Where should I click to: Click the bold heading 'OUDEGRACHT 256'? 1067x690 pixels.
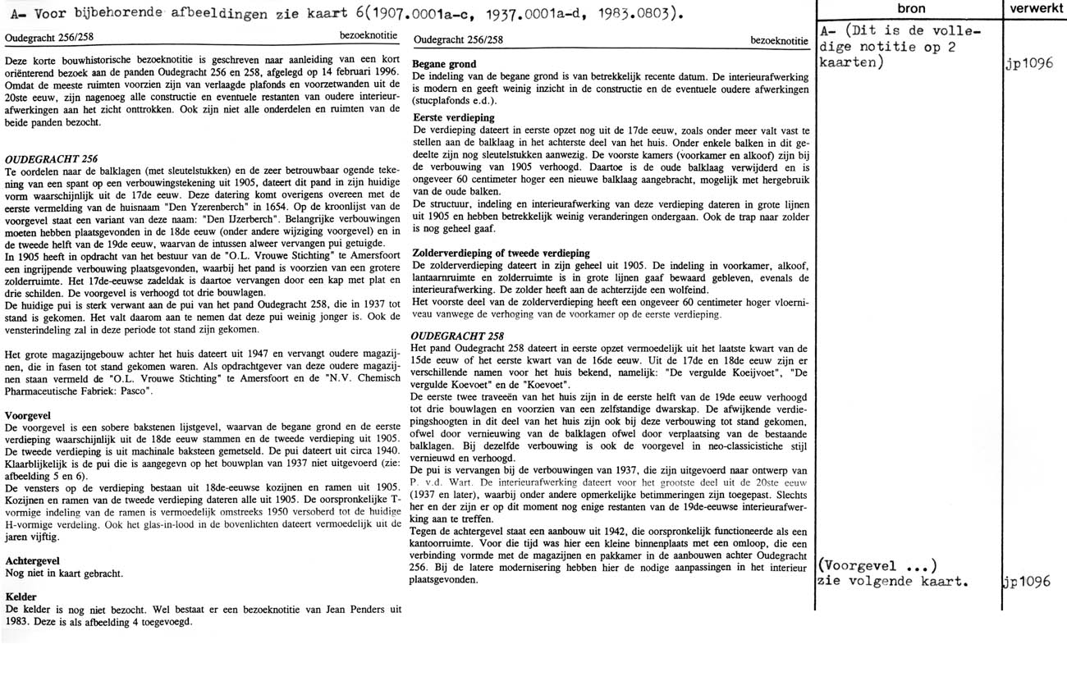[52, 158]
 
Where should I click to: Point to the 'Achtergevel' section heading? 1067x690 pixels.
[34, 560]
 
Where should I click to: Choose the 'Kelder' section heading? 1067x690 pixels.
[21, 596]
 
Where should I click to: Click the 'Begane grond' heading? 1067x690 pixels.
[444, 64]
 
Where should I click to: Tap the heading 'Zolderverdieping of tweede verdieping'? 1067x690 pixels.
[514, 253]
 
